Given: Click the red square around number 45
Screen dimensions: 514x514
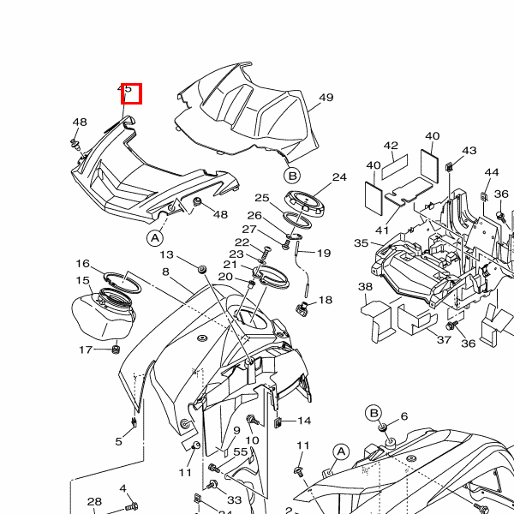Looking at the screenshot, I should pos(132,93).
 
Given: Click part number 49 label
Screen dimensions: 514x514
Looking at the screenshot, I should pos(326,98).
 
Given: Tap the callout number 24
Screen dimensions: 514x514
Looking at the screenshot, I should pos(339,177).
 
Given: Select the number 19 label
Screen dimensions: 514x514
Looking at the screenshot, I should pos(324,254).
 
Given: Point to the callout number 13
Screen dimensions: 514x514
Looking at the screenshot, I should pos(166,255).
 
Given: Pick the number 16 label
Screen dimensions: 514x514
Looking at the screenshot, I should pos(83,264).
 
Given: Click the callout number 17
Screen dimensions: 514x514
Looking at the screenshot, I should pos(86,350).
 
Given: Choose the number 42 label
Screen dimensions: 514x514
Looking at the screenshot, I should pos(391,146).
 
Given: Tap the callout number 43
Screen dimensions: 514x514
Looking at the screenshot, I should pos(469,152).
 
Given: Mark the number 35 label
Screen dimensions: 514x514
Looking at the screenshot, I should pos(362,243).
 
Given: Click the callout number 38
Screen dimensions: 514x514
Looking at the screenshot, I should pos(366,287).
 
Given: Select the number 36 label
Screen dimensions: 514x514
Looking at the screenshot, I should pos(468,344).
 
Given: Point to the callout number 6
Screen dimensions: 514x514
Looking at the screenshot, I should pos(404,416).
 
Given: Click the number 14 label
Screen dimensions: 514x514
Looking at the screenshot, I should pos(304,421).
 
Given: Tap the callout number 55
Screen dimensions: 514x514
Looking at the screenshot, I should pos(241,451).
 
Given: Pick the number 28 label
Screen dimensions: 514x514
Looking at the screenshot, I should pos(94,502).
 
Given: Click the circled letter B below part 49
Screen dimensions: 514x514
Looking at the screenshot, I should pos(292,176).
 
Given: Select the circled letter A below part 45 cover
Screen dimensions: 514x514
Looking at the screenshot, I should pos(155,236).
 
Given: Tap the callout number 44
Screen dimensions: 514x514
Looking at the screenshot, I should pos(492,172).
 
